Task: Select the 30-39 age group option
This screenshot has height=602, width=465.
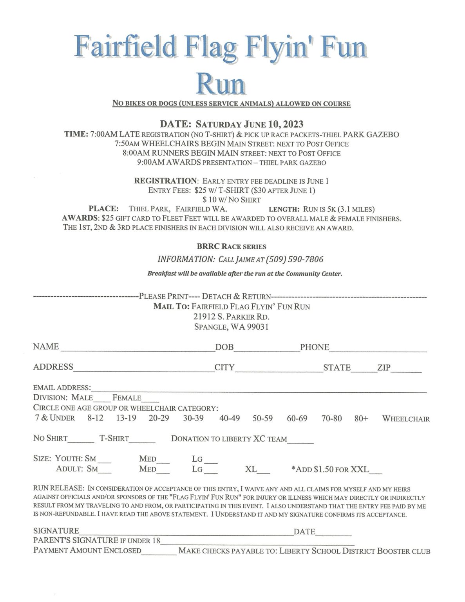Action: coord(193,418)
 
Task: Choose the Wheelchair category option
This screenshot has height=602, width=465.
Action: coord(406,419)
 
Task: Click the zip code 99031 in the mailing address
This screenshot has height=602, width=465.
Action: coord(258,327)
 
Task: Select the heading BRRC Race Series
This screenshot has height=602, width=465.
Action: coord(232,247)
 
